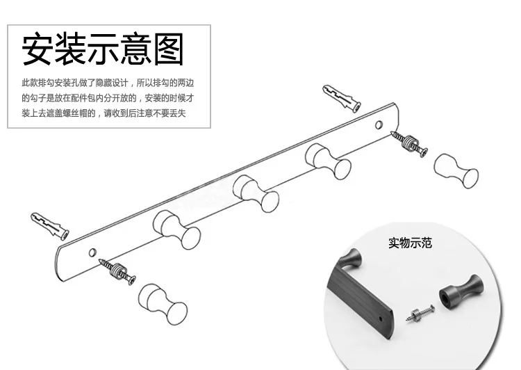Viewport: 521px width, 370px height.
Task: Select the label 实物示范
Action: (410, 243)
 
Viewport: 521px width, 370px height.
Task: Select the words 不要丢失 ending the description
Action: (174, 113)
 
